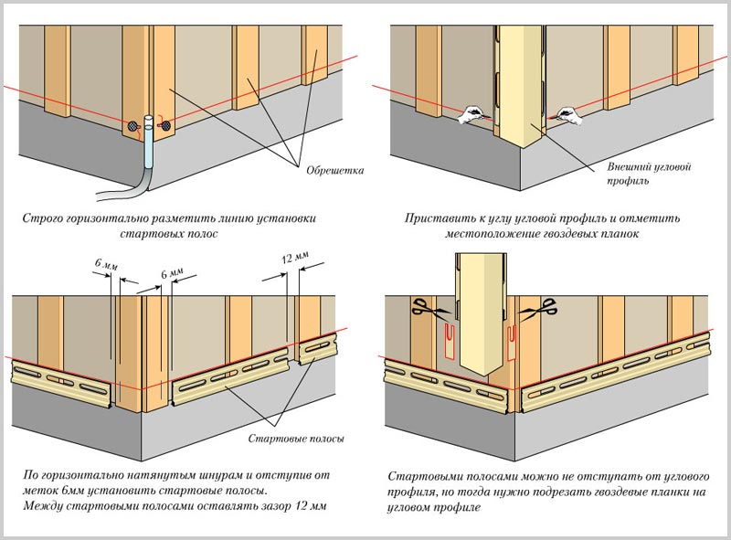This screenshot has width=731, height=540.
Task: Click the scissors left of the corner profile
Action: click(x=421, y=310)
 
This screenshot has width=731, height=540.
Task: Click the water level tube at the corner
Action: click(x=147, y=155)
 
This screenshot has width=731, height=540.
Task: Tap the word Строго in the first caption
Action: click(x=42, y=218)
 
